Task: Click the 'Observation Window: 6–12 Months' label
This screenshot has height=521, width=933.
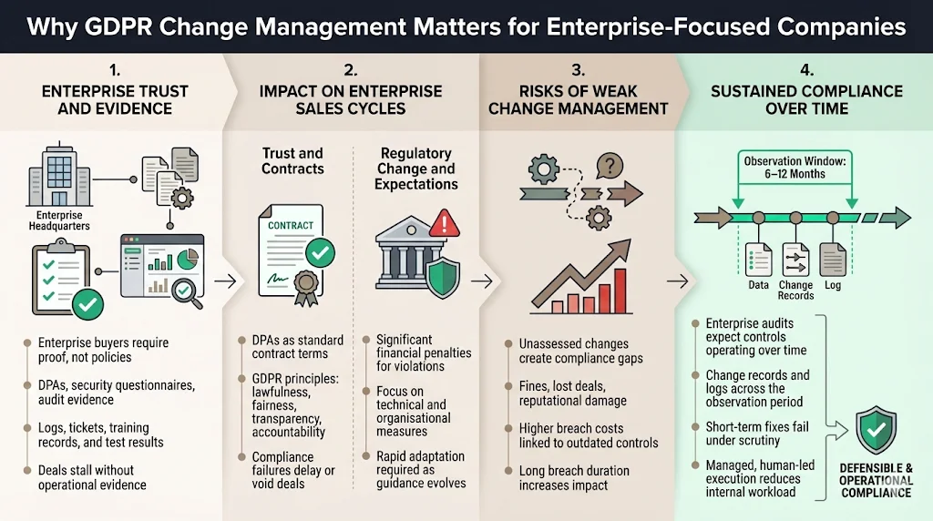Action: (795, 168)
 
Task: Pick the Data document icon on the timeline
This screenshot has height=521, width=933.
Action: (758, 260)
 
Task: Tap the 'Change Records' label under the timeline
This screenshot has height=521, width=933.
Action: (795, 291)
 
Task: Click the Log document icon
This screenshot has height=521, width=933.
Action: (833, 260)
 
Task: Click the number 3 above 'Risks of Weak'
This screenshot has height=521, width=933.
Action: (578, 70)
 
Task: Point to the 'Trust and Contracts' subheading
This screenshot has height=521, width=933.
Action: (292, 160)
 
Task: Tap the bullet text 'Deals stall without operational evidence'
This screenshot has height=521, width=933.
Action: (86, 477)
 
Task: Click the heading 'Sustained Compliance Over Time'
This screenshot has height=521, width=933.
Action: (805, 100)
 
